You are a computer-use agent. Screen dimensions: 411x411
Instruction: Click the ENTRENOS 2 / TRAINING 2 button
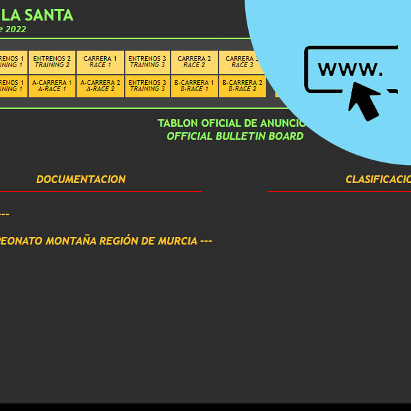(x=52, y=62)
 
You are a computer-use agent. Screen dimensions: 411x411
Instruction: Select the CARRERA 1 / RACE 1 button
(x=100, y=62)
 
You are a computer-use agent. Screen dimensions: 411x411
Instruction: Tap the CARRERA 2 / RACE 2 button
(x=195, y=62)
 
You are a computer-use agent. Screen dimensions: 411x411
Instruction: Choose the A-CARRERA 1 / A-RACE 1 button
(x=52, y=86)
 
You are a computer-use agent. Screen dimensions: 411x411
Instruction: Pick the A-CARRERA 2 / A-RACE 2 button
(x=100, y=86)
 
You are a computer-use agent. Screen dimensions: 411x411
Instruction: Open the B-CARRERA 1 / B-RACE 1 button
(x=195, y=86)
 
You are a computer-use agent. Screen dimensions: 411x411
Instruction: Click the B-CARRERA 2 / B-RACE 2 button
(x=242, y=86)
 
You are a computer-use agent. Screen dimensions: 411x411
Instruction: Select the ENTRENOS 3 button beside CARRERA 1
(x=147, y=62)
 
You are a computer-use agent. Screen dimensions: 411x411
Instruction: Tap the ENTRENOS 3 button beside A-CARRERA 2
(x=147, y=86)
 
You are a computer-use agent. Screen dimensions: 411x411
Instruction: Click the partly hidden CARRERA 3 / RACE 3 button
(x=239, y=62)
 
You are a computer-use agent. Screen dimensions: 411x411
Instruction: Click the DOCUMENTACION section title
(x=81, y=179)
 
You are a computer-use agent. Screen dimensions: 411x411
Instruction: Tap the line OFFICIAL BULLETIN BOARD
(x=235, y=136)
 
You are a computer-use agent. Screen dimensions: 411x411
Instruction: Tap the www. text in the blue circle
(x=350, y=69)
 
